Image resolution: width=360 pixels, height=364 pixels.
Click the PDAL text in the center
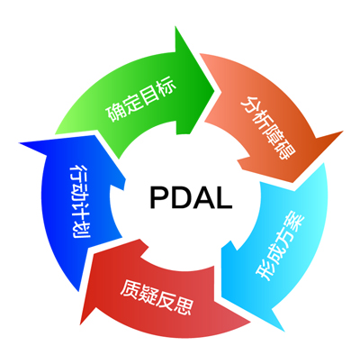(191, 197)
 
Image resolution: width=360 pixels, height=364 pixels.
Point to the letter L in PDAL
(224, 197)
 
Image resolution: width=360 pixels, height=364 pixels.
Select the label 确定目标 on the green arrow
(140, 100)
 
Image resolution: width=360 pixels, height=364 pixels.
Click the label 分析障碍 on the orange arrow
(268, 128)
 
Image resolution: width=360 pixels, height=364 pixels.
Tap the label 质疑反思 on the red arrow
(156, 297)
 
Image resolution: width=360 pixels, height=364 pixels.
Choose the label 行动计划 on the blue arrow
(79, 201)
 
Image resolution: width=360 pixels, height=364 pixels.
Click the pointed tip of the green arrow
(214, 89)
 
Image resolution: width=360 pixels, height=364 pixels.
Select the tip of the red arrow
(80, 325)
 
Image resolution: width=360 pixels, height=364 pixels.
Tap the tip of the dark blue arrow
(19, 143)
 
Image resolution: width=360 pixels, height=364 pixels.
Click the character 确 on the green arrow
(114, 112)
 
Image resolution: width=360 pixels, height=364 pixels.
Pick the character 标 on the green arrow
(166, 87)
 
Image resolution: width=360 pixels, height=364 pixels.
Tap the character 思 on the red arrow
(183, 305)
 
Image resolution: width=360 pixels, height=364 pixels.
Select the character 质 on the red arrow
(130, 289)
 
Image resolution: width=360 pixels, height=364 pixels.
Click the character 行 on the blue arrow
(79, 173)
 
